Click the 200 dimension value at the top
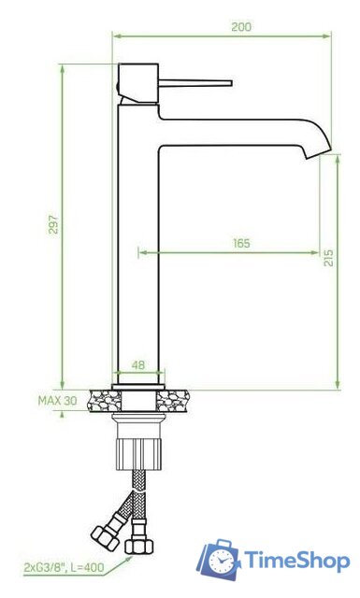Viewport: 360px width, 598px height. coord(241,27)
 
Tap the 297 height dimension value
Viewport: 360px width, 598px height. coord(54,224)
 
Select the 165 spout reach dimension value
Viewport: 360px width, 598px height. coord(241,243)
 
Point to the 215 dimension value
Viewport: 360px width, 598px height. coord(328,258)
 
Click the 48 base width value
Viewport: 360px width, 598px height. coord(138,365)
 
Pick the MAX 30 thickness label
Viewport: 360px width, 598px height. coord(57,401)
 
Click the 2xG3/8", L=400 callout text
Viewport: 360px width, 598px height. coord(64,567)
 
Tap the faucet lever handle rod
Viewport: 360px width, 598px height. coord(195,83)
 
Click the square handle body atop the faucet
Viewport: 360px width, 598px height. coord(137,83)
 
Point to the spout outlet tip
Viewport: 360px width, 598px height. coord(319,153)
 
